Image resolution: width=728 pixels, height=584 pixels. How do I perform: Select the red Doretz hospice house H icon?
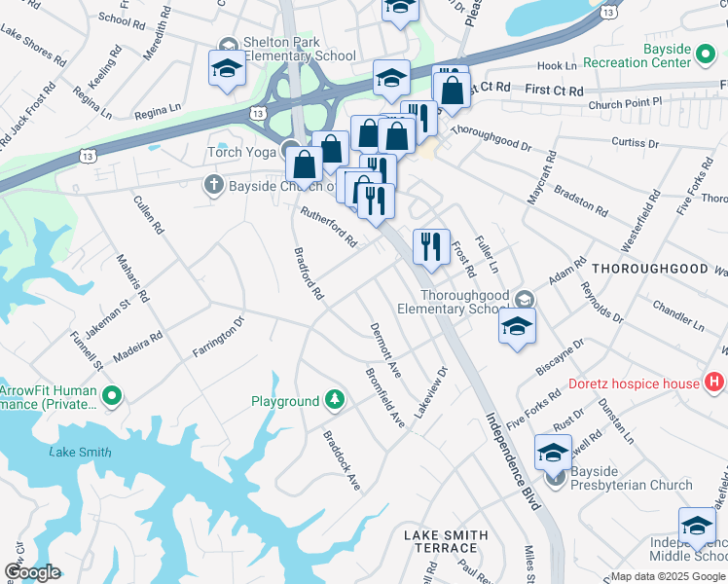pyautogui.click(x=715, y=383)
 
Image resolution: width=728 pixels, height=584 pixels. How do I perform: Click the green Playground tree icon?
pyautogui.click(x=335, y=400)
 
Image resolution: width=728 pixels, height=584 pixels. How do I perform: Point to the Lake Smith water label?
pyautogui.click(x=80, y=453)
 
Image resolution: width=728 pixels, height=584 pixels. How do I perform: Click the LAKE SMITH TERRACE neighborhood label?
pyautogui.click(x=446, y=542)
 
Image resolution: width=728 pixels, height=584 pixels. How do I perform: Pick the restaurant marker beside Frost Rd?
pyautogui.click(x=431, y=246)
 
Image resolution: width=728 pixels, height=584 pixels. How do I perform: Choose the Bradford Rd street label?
pyautogui.click(x=308, y=273)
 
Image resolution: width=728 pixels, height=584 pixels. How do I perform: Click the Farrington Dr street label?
pyautogui.click(x=217, y=337)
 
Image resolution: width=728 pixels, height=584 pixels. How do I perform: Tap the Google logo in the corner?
pyautogui.click(x=33, y=572)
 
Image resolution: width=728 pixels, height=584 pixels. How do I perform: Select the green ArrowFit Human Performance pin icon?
pyautogui.click(x=112, y=395)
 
